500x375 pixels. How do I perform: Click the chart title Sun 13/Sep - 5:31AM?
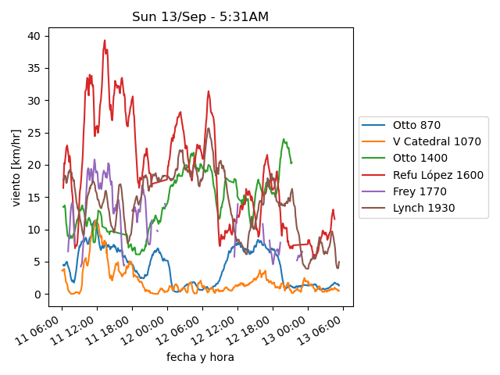(x=200, y=16)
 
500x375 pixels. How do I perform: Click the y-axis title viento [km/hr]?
(x=16, y=168)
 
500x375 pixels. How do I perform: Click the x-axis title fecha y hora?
(x=200, y=357)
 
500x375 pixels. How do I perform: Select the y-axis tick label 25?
(x=34, y=133)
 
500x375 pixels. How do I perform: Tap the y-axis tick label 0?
(x=37, y=295)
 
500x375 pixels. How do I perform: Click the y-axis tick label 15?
(x=34, y=198)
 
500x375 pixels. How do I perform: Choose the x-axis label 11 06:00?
(x=37, y=330)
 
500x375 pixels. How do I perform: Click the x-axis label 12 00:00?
(x=143, y=330)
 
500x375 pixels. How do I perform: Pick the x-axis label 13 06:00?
(x=319, y=330)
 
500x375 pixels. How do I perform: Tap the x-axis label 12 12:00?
(x=213, y=330)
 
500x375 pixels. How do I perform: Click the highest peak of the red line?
(x=105, y=41)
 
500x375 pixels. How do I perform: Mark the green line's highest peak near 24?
(x=284, y=139)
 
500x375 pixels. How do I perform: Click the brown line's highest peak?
(x=209, y=128)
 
